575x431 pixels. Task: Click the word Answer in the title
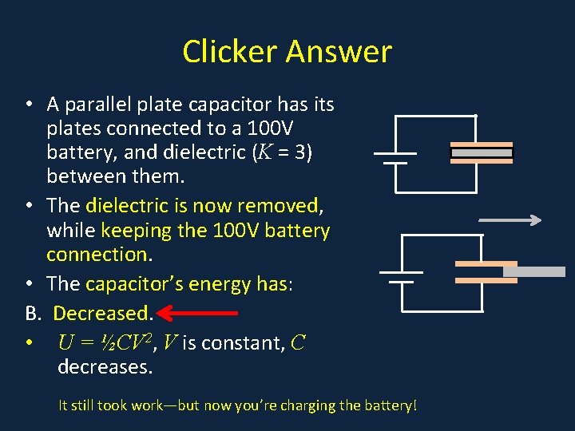click(x=339, y=52)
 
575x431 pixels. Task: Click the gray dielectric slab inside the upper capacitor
click(x=482, y=152)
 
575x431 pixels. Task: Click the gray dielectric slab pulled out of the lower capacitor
click(x=533, y=271)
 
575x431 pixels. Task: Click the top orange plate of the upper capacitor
click(x=482, y=144)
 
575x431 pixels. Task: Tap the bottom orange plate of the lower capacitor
click(x=486, y=280)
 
